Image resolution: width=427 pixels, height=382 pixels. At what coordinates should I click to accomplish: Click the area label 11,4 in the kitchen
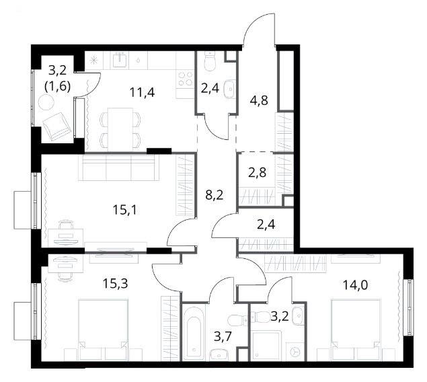coord(142,93)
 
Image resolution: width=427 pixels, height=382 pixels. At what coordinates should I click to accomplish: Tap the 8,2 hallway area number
coord(215,195)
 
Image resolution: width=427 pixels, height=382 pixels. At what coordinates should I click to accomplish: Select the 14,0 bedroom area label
coord(355,285)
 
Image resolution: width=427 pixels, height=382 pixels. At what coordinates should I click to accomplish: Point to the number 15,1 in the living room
coord(126,210)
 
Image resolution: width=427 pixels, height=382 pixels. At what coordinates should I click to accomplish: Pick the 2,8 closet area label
coord(257,172)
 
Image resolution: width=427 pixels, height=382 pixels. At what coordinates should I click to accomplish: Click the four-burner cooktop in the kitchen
coord(184,78)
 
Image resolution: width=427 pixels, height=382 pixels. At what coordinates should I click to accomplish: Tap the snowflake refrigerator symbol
coord(94,61)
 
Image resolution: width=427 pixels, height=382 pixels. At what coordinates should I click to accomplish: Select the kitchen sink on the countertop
coord(119,60)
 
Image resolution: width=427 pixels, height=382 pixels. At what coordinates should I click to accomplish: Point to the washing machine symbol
coord(295,352)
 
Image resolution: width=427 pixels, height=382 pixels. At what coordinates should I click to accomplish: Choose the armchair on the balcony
coord(56,126)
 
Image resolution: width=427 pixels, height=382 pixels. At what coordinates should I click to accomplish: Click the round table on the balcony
coord(44,103)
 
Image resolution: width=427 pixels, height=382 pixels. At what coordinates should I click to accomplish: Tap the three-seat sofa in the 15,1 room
coord(119,167)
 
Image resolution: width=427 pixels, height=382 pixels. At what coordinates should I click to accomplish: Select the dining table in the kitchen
coord(120,129)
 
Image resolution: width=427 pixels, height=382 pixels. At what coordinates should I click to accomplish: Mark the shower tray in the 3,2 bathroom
coord(266,346)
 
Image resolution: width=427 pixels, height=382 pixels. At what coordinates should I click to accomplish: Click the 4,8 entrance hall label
coord(259,100)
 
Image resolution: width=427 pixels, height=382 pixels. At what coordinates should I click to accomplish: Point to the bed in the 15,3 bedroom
coord(103,330)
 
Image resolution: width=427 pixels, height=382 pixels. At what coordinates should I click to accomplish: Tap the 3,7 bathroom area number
coord(223,336)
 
